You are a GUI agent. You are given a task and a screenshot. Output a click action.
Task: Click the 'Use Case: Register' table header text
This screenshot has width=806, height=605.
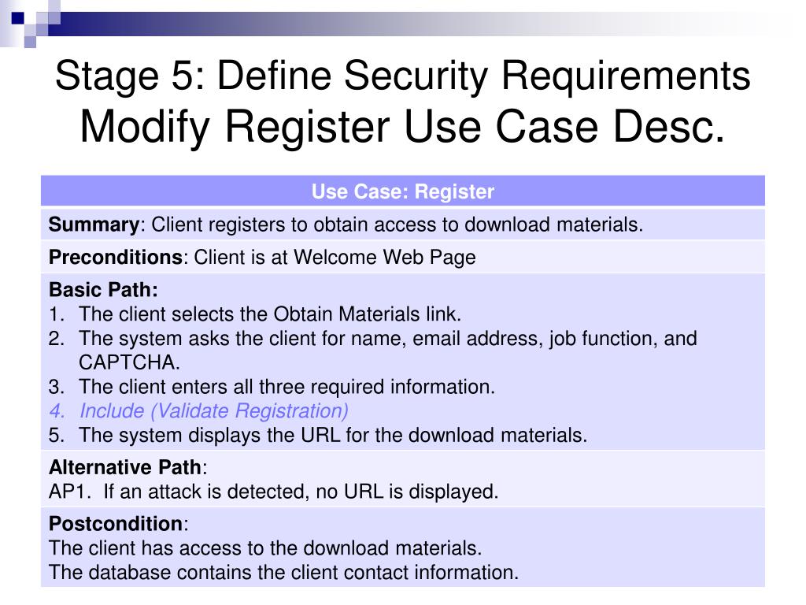(x=402, y=192)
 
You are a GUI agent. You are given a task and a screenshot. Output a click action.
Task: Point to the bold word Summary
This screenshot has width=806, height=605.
(x=94, y=225)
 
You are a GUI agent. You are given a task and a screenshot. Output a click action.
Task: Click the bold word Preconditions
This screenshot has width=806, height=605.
(x=116, y=258)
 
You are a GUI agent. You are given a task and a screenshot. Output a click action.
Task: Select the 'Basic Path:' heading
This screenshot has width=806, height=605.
(x=103, y=290)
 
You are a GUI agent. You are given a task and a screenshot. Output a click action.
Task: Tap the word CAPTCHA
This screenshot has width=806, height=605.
(x=129, y=362)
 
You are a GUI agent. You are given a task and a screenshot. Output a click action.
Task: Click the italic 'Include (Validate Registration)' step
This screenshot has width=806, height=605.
(x=214, y=411)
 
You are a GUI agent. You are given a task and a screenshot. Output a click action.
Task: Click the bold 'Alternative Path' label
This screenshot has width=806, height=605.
(x=125, y=468)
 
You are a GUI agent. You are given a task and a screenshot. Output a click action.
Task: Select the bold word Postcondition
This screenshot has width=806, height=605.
(x=116, y=525)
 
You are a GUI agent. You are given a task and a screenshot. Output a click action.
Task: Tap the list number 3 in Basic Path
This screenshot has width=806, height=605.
(x=55, y=387)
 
